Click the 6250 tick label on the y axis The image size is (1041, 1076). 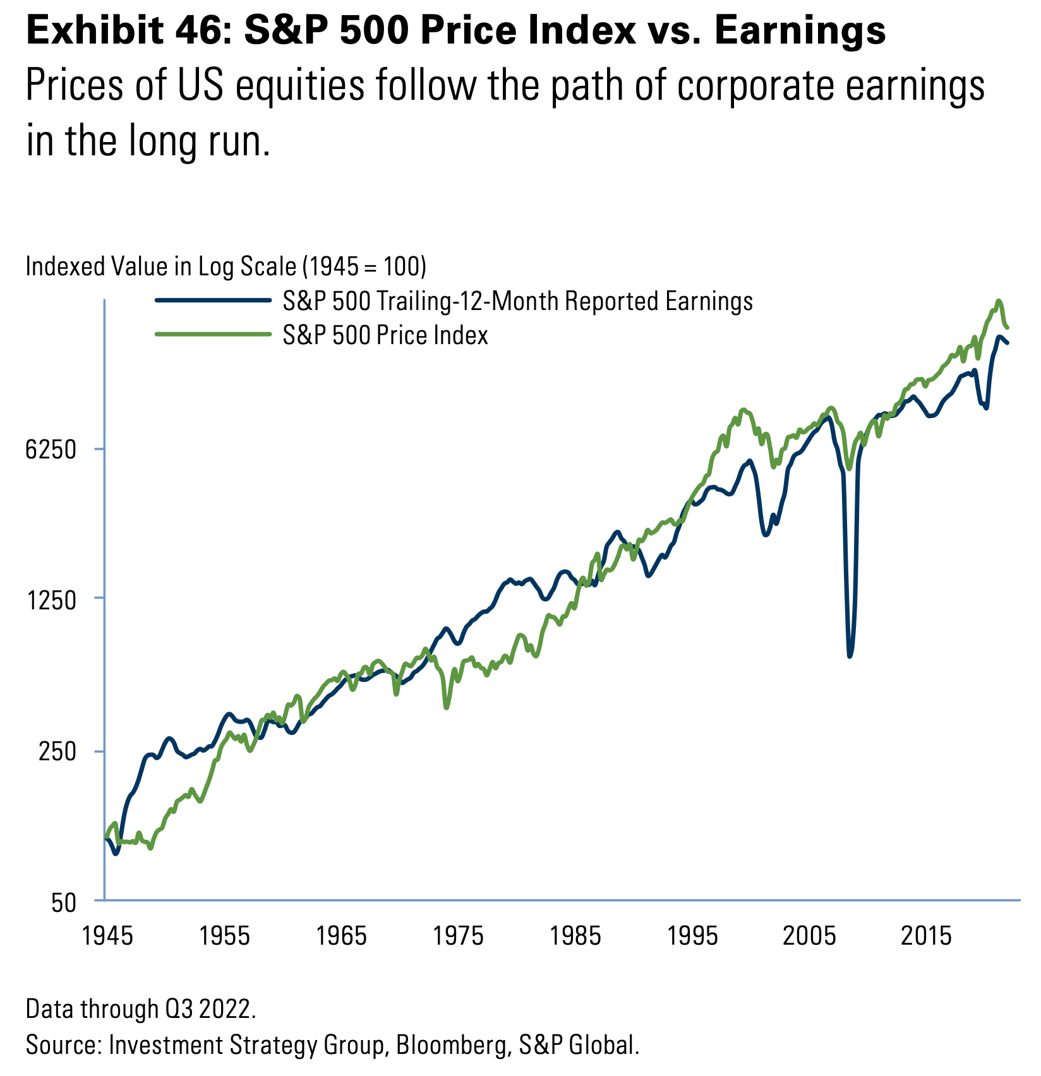click(x=51, y=450)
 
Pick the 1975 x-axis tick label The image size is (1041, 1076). click(x=458, y=936)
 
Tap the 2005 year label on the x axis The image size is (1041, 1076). click(x=809, y=936)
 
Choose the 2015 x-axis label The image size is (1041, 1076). click(x=925, y=936)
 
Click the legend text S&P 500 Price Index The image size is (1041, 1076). click(x=385, y=335)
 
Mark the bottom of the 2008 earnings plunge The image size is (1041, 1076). click(x=850, y=655)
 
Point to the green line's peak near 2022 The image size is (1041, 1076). click(x=999, y=301)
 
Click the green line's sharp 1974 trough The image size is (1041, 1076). click(x=447, y=707)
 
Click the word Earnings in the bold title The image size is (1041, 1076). click(x=800, y=30)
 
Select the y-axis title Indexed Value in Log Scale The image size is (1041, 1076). click(x=226, y=266)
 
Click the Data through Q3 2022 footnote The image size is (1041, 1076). click(x=141, y=1009)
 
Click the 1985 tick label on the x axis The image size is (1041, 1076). click(x=575, y=936)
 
